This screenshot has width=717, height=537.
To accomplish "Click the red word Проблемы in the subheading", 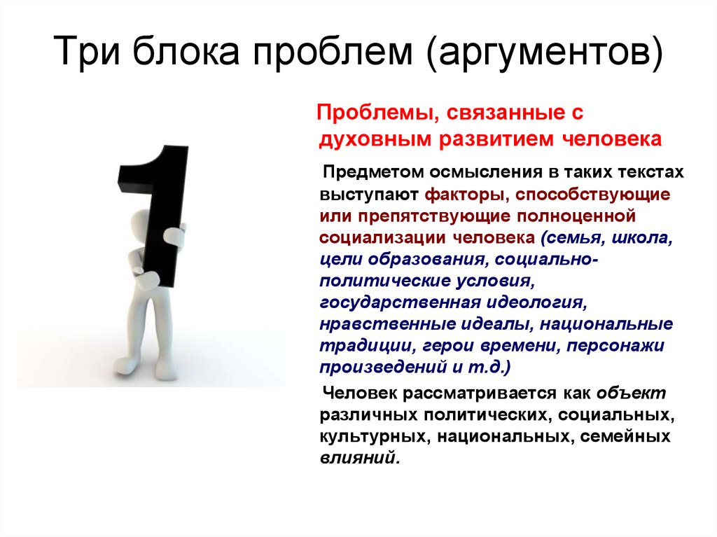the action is (x=375, y=113).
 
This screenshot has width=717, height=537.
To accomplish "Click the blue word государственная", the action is (x=400, y=302).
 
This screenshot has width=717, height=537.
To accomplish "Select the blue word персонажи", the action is (x=615, y=346).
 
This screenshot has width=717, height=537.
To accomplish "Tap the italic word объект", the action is (x=632, y=393).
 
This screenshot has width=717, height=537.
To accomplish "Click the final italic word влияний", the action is (x=360, y=458).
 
